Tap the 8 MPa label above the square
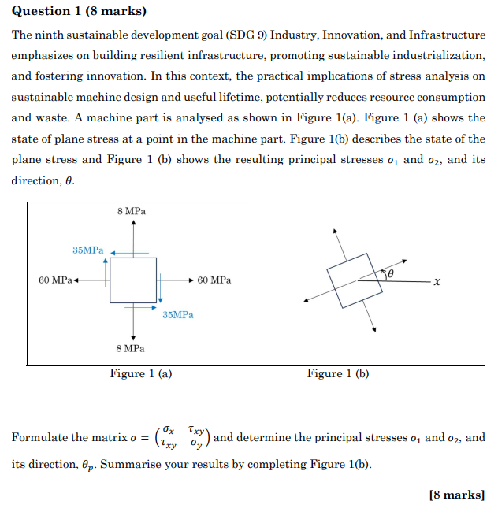(x=131, y=213)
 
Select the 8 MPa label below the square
(x=131, y=347)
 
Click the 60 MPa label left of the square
(x=55, y=280)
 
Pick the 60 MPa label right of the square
(x=215, y=280)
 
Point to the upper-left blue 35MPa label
(x=87, y=250)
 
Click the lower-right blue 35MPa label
(x=178, y=314)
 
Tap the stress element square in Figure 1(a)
(x=133, y=280)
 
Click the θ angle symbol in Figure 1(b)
(x=390, y=272)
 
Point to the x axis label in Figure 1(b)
(x=437, y=281)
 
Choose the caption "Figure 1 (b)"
(x=338, y=374)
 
